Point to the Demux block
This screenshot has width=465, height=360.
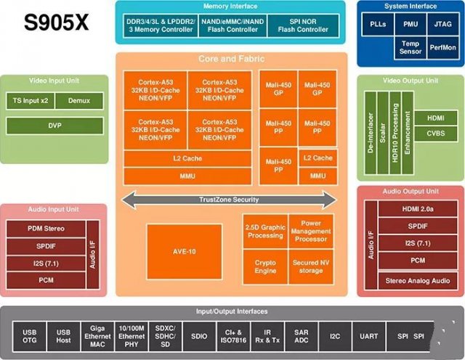[77, 101]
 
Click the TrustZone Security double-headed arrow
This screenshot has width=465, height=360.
[230, 199]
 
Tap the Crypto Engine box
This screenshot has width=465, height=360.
[266, 266]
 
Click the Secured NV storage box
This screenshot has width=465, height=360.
[311, 266]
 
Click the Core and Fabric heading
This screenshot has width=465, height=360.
[230, 58]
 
